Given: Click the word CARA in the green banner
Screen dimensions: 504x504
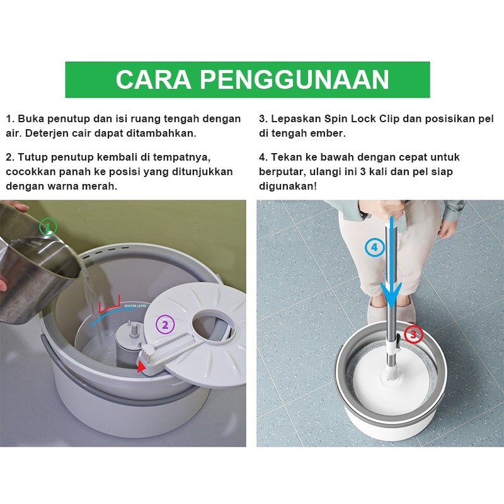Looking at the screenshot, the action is tap(153, 79).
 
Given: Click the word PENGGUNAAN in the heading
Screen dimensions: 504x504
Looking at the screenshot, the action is tap(294, 79).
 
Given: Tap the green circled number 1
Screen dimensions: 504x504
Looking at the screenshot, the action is tap(48, 227).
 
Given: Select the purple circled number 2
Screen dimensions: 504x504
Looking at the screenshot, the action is tap(165, 325).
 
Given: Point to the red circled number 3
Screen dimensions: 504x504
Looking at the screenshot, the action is tap(413, 334).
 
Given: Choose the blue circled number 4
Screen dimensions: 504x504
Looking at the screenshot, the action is tap(374, 248).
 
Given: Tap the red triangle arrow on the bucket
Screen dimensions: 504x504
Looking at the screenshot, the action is tap(140, 366).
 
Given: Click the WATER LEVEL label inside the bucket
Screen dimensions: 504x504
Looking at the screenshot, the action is tap(135, 306).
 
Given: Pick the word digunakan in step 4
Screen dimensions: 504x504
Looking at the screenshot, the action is tap(288, 186).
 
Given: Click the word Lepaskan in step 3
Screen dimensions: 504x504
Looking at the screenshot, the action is tap(296, 119).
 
